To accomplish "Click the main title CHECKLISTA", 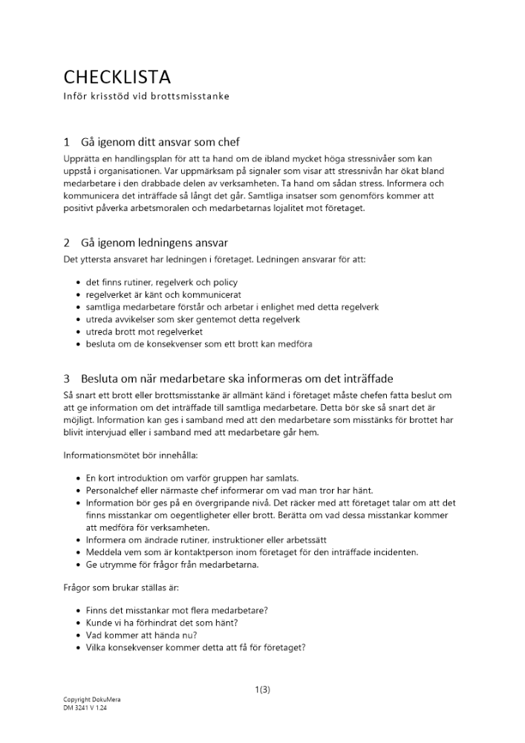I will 117,77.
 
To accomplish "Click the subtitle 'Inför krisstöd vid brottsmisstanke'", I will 146,97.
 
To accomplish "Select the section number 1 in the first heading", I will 67,142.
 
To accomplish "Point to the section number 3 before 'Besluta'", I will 67,378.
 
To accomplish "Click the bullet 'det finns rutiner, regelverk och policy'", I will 163,282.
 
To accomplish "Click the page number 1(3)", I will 262,690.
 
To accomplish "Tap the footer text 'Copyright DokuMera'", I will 92,700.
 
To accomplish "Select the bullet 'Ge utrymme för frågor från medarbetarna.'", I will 172,565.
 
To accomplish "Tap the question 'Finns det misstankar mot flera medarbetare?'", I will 177,610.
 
